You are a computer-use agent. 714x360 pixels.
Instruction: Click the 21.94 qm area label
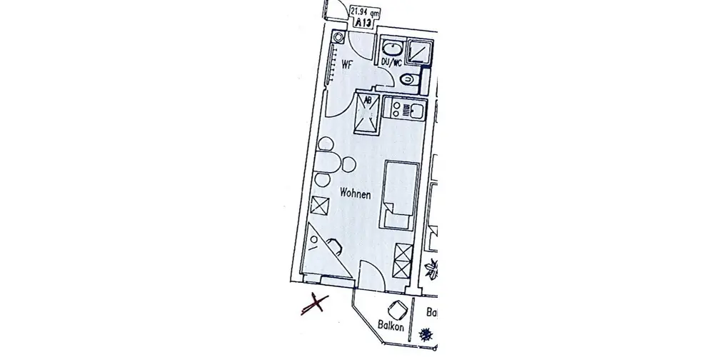(365, 10)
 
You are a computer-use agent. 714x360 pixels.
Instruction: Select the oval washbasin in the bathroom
(391, 49)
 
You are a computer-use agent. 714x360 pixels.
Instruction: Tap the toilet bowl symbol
(409, 80)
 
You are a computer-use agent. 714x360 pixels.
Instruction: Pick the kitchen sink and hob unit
(403, 109)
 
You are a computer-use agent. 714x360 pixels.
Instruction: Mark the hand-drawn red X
(314, 304)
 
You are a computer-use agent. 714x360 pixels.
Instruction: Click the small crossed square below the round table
(320, 206)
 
